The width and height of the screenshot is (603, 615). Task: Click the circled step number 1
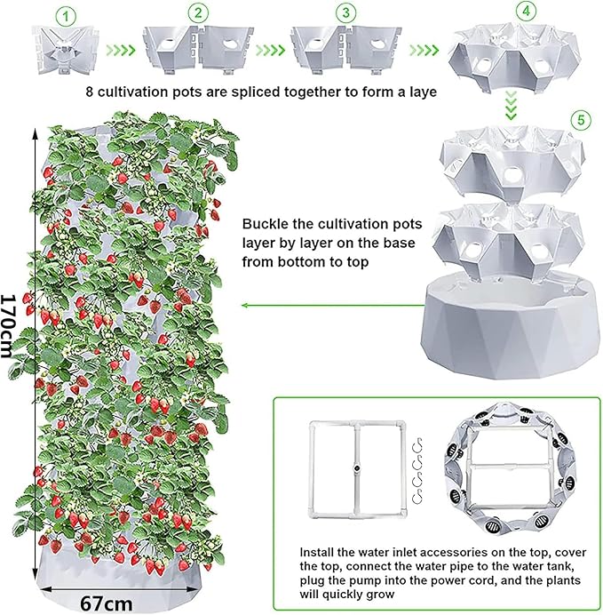pyautogui.click(x=65, y=17)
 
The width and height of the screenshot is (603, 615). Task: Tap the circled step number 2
pyautogui.click(x=198, y=13)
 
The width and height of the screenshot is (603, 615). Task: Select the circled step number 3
pyautogui.click(x=345, y=12)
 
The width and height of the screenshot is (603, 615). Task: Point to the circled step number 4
pyautogui.click(x=526, y=11)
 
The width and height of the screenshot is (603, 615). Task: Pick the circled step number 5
pyautogui.click(x=581, y=119)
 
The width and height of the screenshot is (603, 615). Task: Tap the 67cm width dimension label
pyautogui.click(x=107, y=603)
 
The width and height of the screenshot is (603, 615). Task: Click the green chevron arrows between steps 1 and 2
pyautogui.click(x=121, y=50)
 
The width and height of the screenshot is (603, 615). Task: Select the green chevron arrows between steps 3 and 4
pyautogui.click(x=424, y=50)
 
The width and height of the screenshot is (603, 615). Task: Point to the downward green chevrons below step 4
pyautogui.click(x=511, y=106)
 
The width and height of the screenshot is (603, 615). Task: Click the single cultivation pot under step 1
pyautogui.click(x=65, y=49)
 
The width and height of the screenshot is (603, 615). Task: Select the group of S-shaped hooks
pyautogui.click(x=418, y=471)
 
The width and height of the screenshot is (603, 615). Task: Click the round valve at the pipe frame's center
pyautogui.click(x=357, y=468)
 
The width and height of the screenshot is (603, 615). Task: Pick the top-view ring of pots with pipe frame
pyautogui.click(x=510, y=468)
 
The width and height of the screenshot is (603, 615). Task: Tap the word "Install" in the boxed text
pyautogui.click(x=315, y=552)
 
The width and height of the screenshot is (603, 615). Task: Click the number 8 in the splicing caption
pyautogui.click(x=90, y=92)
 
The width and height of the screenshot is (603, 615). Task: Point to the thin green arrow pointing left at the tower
pyautogui.click(x=333, y=305)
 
